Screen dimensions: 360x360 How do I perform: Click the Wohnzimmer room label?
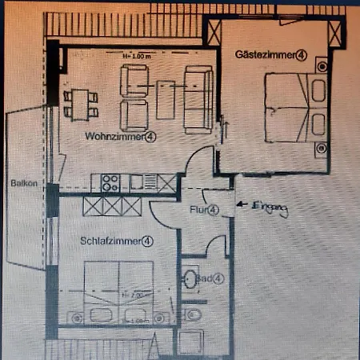[x=116, y=137]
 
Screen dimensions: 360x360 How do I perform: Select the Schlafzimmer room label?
[x=111, y=240]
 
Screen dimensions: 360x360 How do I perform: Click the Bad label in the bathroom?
[x=206, y=278]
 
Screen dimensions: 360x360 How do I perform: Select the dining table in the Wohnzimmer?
[x=81, y=100]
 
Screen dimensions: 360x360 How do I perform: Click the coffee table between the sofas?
[x=166, y=98]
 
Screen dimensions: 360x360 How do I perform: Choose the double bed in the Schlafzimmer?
[x=118, y=294]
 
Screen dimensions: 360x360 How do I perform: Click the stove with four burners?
[x=110, y=182]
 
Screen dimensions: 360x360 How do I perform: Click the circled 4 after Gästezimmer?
[x=300, y=55]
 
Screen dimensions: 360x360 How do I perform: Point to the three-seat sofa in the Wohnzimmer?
[x=197, y=98]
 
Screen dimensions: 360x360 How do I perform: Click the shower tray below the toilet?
[x=192, y=342]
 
